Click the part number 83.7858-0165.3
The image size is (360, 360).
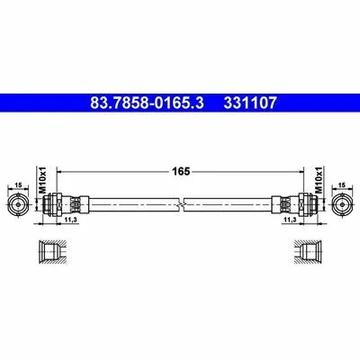tap(147, 103)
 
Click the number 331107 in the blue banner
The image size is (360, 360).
tap(250, 103)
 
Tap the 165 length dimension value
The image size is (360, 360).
tap(181, 172)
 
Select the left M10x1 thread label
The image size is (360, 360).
tap(42, 180)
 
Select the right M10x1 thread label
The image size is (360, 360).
tap(319, 180)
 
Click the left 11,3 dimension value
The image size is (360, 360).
tap(71, 220)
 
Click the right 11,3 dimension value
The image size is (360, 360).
tap(290, 220)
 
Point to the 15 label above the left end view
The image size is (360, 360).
tap(18, 185)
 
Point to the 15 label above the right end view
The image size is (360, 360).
tap(342, 185)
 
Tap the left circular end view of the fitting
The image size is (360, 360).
tap(18, 204)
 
